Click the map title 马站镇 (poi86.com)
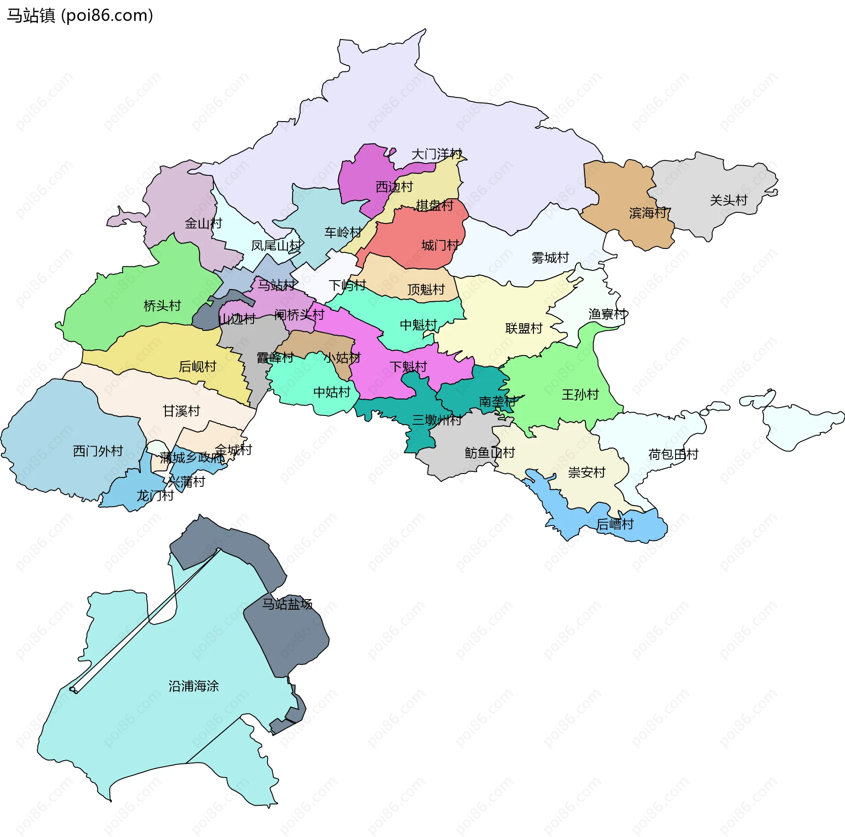click(x=80, y=16)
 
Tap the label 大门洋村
click(x=436, y=154)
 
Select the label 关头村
click(x=728, y=200)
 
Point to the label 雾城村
click(x=550, y=258)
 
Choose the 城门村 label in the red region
click(x=440, y=245)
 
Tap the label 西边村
click(x=394, y=187)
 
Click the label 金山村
click(x=203, y=223)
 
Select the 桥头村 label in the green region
click(x=162, y=306)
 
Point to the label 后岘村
click(x=197, y=367)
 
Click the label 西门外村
click(x=98, y=451)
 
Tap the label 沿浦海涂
click(x=194, y=686)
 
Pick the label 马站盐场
click(x=287, y=604)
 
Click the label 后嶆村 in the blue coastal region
click(x=615, y=524)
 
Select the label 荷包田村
click(x=673, y=454)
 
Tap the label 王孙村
click(x=580, y=395)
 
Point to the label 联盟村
click(x=524, y=329)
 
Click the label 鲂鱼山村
click(x=489, y=453)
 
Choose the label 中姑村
click(x=331, y=392)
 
